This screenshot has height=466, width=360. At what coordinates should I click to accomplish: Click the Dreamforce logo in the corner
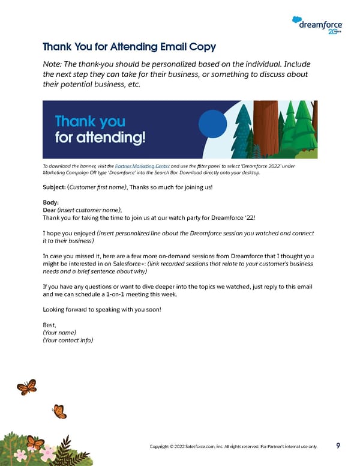pyautogui.click(x=318, y=25)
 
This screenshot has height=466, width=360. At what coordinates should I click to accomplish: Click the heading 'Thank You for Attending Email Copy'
pyautogui.click(x=130, y=47)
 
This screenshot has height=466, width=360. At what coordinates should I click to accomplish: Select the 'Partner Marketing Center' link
pyautogui.click(x=142, y=165)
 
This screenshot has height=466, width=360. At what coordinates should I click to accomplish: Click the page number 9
pyautogui.click(x=338, y=446)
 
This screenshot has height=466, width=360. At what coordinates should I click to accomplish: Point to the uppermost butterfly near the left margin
pyautogui.click(x=27, y=386)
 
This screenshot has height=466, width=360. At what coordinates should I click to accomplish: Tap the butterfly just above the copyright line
pyautogui.click(x=59, y=411)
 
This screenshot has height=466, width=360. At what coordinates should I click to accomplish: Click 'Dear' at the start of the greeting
pyautogui.click(x=49, y=210)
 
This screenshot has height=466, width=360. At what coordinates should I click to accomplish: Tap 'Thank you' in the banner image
pyautogui.click(x=90, y=122)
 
